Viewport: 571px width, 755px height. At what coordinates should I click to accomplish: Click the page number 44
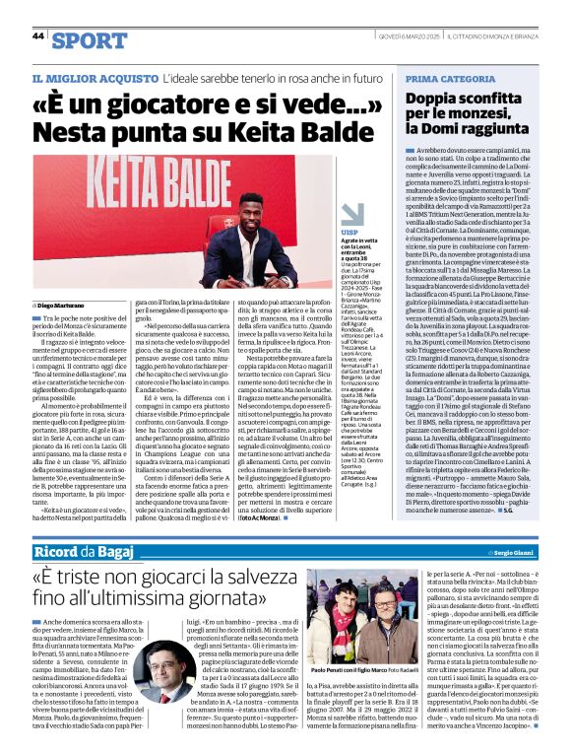38,35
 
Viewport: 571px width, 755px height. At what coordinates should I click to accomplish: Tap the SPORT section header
90,39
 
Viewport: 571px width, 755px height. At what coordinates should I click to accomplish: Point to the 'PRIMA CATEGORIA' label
442,78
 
